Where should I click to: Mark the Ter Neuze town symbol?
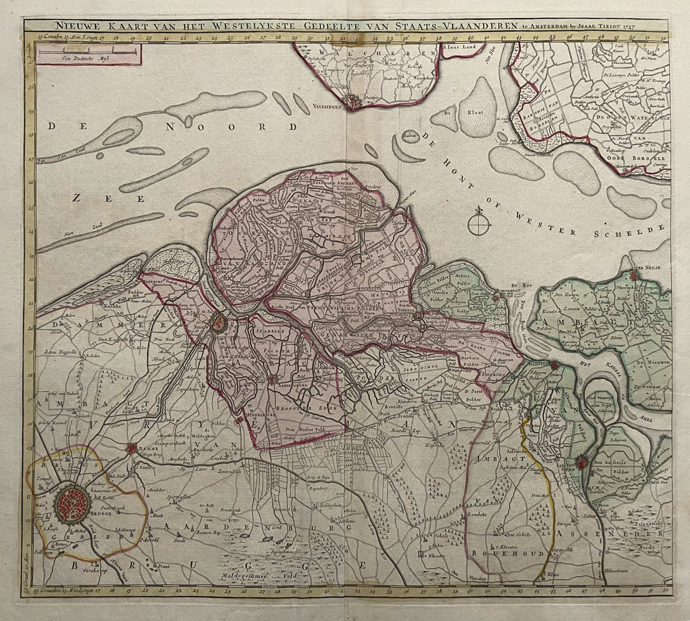[x=633, y=276]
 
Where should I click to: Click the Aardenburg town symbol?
[x=273, y=381]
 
